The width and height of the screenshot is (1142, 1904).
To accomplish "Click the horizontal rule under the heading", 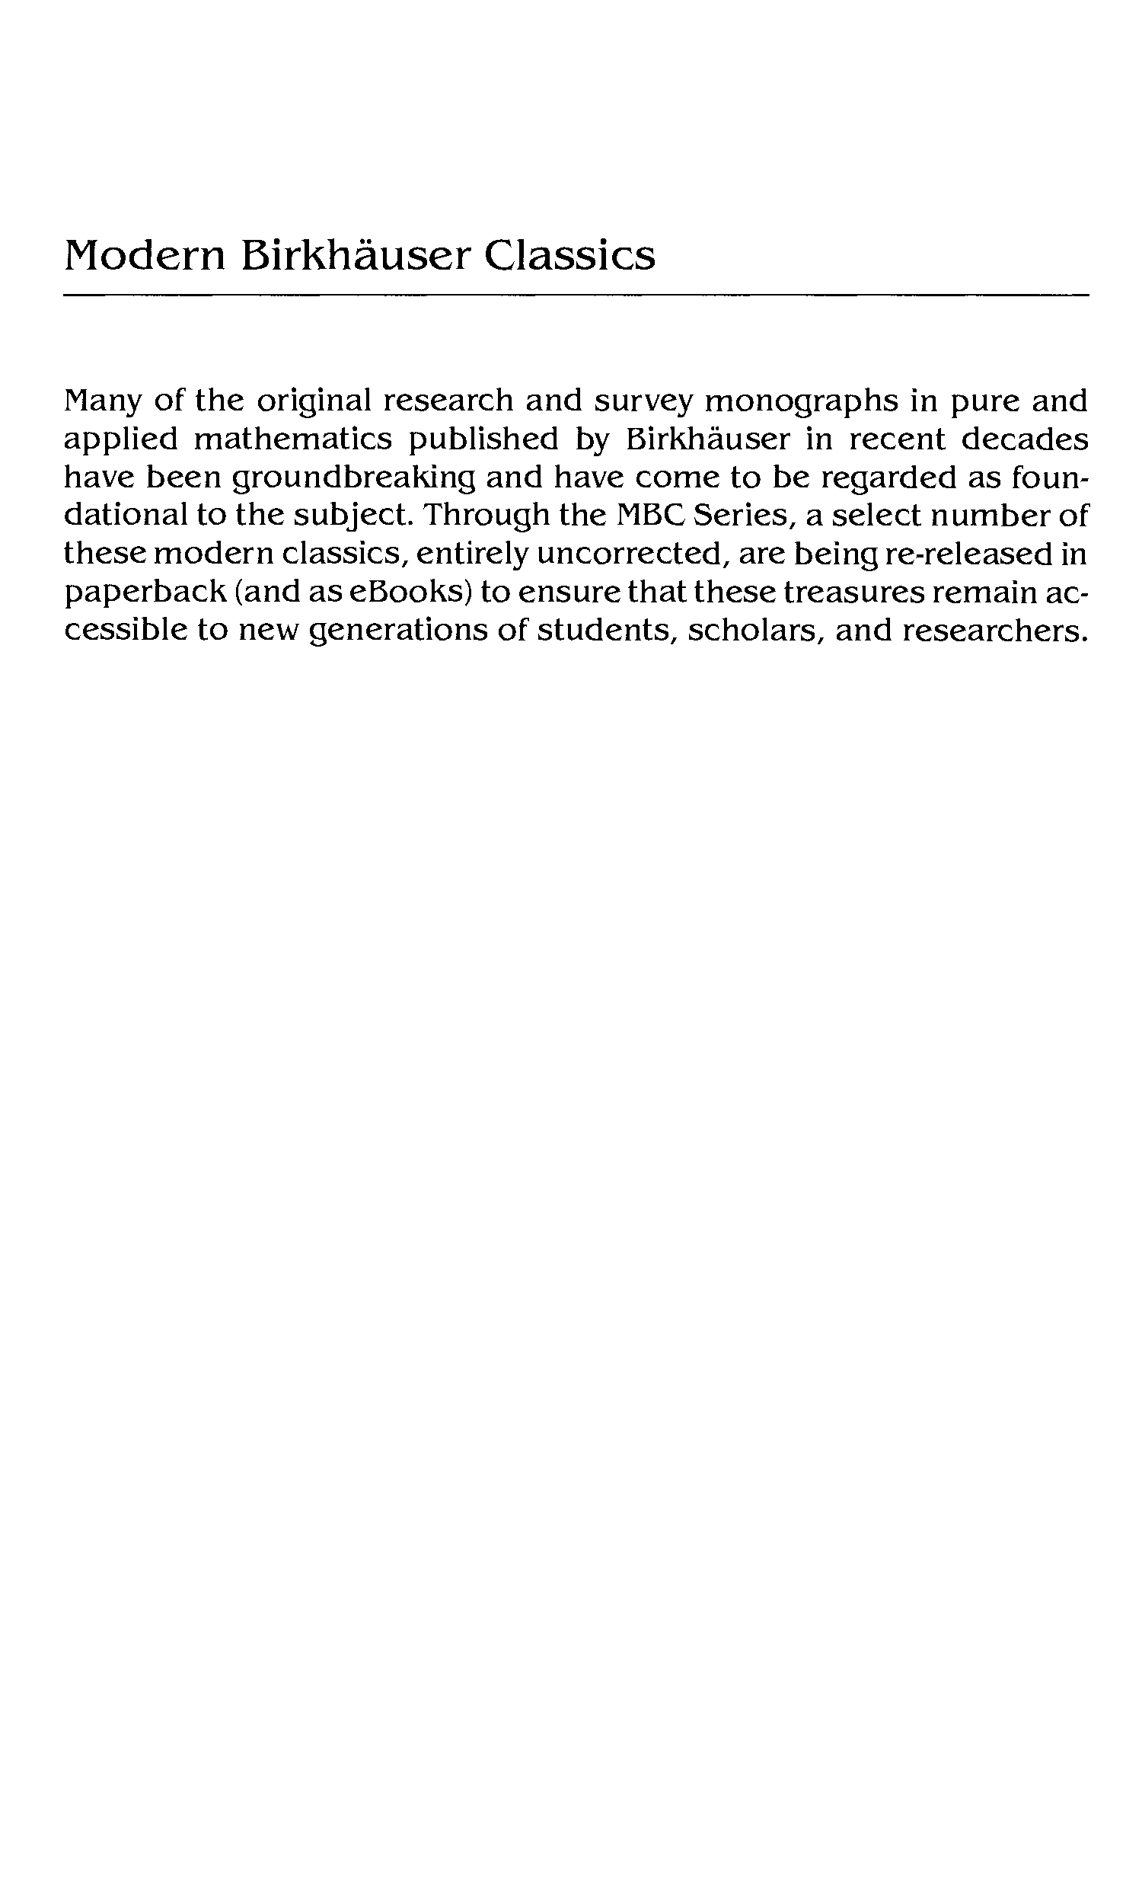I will (576, 295).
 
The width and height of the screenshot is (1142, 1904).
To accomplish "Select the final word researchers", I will (995, 631).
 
